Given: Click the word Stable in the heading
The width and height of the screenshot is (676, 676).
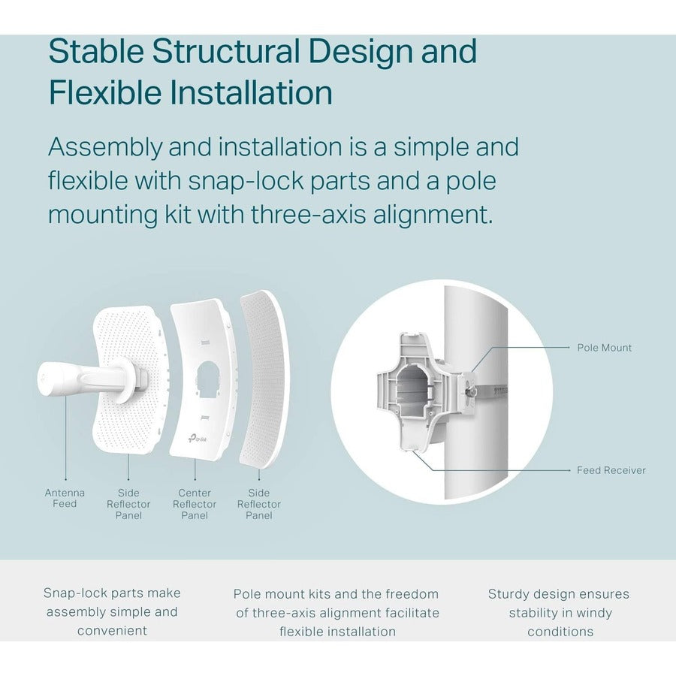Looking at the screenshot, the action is [x=96, y=51].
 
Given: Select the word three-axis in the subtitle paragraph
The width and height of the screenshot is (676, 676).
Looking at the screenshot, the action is [x=308, y=214].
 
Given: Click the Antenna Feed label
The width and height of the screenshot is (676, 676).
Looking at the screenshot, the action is [x=65, y=499].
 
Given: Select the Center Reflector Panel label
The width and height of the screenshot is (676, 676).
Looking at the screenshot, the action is [x=195, y=504].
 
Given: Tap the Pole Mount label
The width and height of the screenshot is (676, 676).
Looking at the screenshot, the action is [x=604, y=348].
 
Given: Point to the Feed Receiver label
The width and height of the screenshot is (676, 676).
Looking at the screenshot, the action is [x=611, y=470].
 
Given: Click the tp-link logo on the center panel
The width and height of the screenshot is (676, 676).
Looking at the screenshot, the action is [x=197, y=438].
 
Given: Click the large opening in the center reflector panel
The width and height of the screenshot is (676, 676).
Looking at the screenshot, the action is [x=208, y=380].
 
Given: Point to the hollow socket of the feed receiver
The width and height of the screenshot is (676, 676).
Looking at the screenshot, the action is [x=413, y=391].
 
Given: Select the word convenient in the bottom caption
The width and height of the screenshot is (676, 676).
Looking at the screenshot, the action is [x=112, y=631].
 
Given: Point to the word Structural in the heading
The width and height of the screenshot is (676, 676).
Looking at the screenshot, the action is [x=226, y=51].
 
